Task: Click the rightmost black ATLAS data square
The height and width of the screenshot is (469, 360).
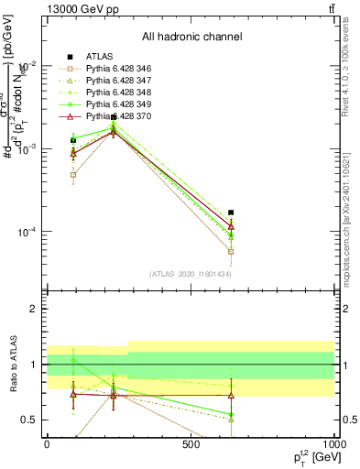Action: coord(231,213)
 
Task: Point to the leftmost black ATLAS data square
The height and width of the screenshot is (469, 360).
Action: coord(73,140)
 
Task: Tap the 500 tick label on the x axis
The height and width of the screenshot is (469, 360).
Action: coord(191,444)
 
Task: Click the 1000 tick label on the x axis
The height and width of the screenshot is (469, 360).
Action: coord(335,444)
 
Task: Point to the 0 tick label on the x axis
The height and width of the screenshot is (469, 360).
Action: coord(47,444)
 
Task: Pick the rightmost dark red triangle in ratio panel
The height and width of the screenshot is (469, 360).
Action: coord(231,396)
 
